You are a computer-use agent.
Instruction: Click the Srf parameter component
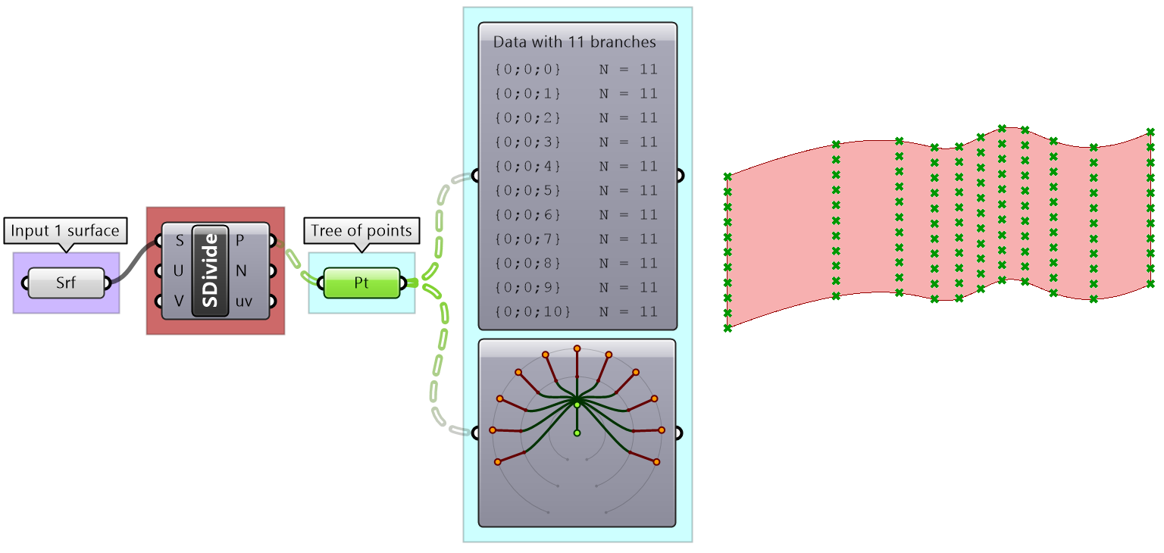tap(66, 283)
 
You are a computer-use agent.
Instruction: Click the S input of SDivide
tap(178, 241)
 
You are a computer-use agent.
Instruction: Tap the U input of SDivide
tap(178, 270)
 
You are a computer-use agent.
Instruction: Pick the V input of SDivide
tap(178, 301)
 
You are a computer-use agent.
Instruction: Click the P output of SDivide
tap(240, 241)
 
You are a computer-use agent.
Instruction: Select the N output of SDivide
tap(240, 270)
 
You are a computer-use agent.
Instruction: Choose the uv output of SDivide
tap(243, 301)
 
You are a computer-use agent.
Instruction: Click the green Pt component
tap(361, 283)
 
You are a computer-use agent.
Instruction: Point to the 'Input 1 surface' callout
tap(65, 230)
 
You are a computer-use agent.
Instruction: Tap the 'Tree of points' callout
tap(361, 230)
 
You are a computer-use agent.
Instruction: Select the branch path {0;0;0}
tap(527, 70)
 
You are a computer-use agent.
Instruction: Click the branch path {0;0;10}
tap(531, 312)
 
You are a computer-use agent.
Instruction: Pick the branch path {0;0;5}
tap(527, 191)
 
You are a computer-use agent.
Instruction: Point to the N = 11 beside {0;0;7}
tap(628, 239)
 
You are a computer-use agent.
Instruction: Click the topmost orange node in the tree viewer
tap(577, 348)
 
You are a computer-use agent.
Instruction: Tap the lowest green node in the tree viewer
tap(577, 433)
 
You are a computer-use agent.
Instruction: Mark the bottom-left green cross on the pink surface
tap(727, 328)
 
